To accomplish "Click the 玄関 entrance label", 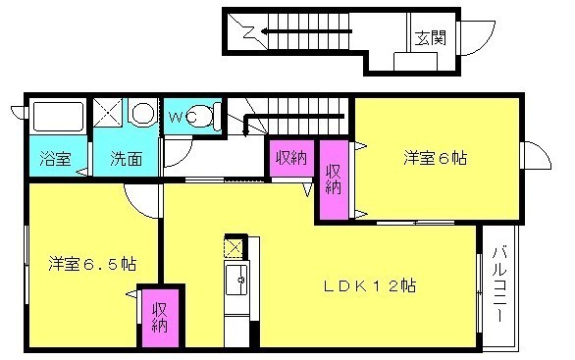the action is coord(430,37).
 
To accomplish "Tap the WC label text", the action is coord(183,118).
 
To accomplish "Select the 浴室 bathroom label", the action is coord(55,158).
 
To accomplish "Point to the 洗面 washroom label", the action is coord(127,158).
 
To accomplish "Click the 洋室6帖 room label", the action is coord(436,158).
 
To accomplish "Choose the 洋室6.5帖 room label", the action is coord(92,264).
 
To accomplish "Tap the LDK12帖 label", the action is coord(370,285).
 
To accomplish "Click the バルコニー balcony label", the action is coord(499,284).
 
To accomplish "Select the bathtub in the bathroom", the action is coord(58,116).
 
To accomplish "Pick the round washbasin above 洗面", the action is coord(143,113).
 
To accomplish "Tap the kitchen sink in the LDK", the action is coord(236,280).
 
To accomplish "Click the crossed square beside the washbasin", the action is coord(108,112).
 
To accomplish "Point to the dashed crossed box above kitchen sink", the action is coord(234,248).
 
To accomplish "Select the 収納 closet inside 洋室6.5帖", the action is coord(160,318).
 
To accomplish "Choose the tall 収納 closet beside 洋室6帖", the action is coord(334,180).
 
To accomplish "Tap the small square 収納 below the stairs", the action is coord(291,158).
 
